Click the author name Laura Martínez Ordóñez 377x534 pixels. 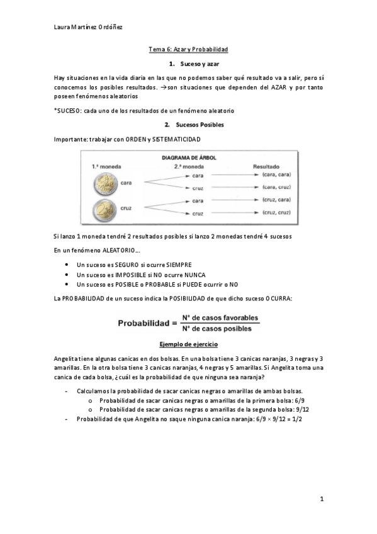pos(87,28)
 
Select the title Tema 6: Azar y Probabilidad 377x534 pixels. pos(188,49)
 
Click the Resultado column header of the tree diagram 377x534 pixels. pos(266,167)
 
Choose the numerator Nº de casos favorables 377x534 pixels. pos(216,319)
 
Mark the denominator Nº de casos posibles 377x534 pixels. pos(216,328)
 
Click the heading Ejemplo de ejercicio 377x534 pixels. pos(188,345)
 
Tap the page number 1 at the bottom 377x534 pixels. pos(322,499)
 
